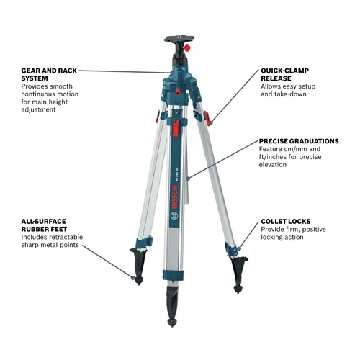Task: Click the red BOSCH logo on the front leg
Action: click(x=174, y=194)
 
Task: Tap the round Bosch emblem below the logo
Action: click(x=174, y=215)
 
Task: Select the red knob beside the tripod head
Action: click(x=189, y=47)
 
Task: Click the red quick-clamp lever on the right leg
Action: click(x=208, y=117)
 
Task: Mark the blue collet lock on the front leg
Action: click(x=173, y=274)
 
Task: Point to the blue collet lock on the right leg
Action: click(x=230, y=249)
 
